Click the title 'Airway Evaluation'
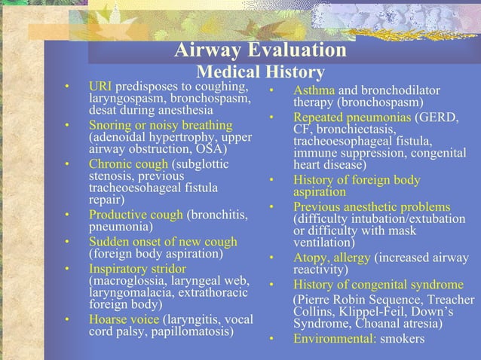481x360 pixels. [x=260, y=51]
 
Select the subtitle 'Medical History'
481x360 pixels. [x=260, y=73]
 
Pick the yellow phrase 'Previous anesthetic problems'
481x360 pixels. [x=372, y=207]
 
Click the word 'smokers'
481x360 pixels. [x=403, y=338]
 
